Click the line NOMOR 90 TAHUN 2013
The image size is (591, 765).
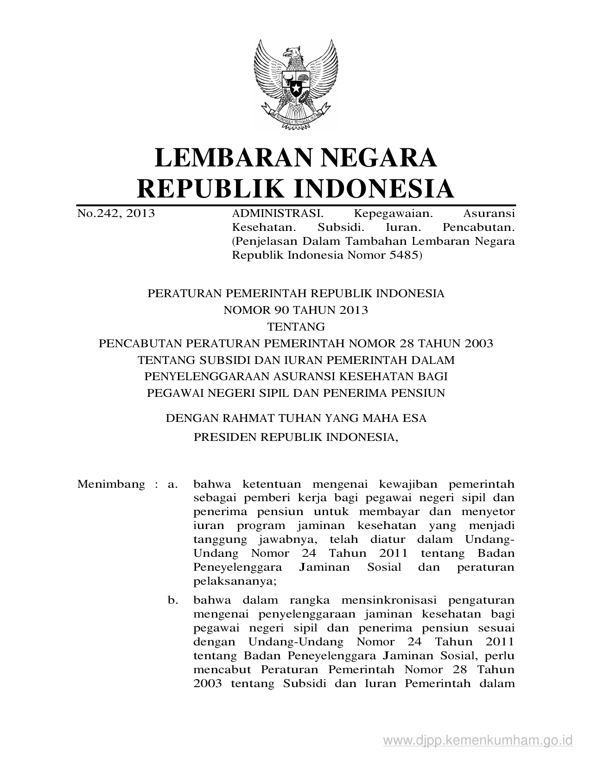(x=296, y=310)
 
